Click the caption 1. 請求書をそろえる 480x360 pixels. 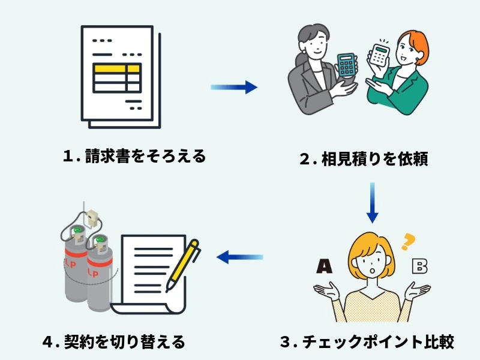(134, 157)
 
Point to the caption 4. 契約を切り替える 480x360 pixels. (114, 342)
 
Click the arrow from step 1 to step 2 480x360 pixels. (234, 88)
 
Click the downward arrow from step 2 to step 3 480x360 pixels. (372, 203)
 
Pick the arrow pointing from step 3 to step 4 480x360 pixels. (240, 257)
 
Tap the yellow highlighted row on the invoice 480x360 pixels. (117, 68)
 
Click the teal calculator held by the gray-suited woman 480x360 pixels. (346, 64)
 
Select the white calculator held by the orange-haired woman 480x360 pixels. (379, 55)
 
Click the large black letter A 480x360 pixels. (324, 266)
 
